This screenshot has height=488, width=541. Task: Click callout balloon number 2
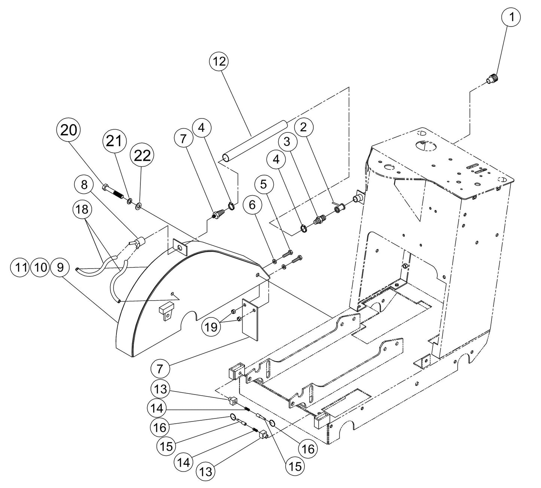pyautogui.click(x=304, y=128)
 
